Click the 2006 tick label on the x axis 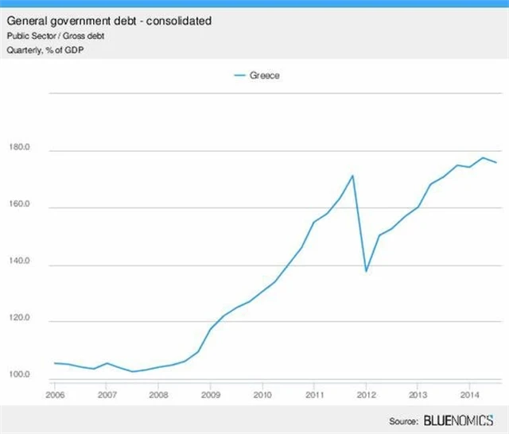pos(55,393)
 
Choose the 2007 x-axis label pos(107,393)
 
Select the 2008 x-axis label pos(158,393)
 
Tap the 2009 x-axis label pos(210,393)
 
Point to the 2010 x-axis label pos(262,393)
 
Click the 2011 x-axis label pos(314,393)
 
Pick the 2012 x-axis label pos(366,393)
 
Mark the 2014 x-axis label pos(469,393)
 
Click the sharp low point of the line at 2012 pos(366,272)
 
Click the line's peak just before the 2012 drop pos(352,176)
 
